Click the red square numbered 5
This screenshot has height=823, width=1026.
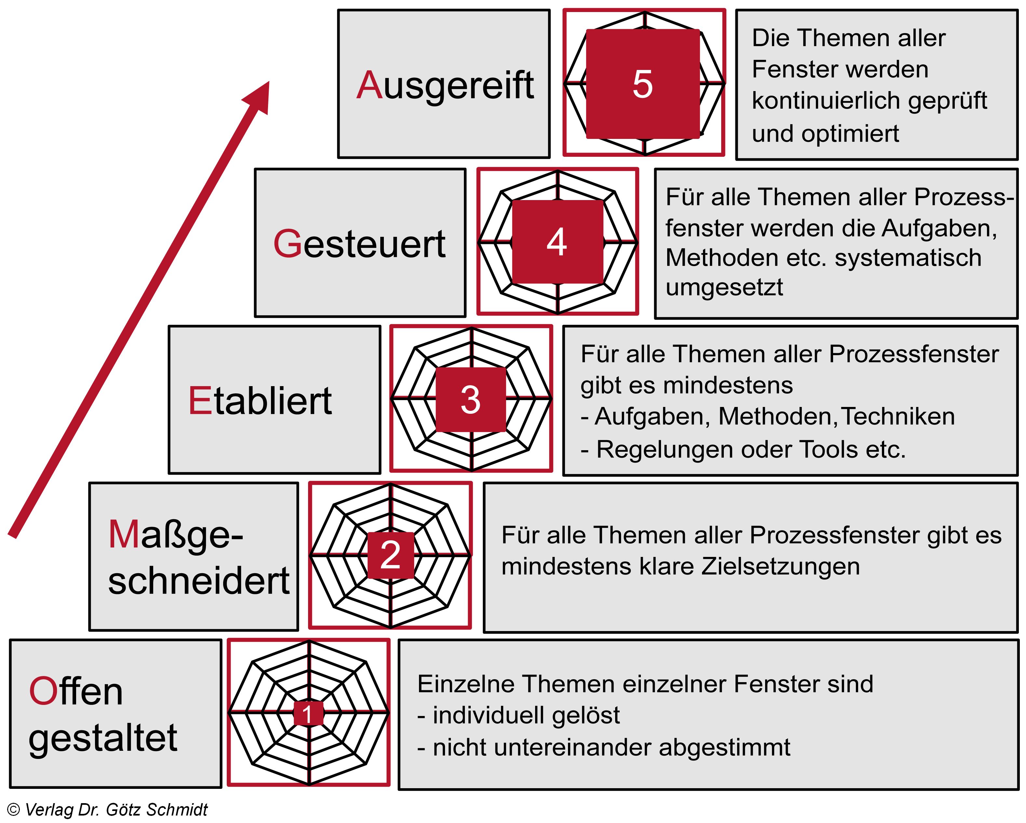click(642, 84)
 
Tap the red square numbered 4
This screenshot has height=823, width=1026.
click(557, 242)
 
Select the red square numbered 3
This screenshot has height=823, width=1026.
click(471, 399)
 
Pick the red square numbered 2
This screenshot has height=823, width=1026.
click(390, 555)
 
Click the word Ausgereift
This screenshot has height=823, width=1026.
click(445, 86)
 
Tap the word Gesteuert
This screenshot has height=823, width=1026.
click(360, 244)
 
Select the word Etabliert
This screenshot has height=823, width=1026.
click(260, 401)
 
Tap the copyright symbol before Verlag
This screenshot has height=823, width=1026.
click(13, 809)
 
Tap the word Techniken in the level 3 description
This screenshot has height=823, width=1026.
click(898, 416)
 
